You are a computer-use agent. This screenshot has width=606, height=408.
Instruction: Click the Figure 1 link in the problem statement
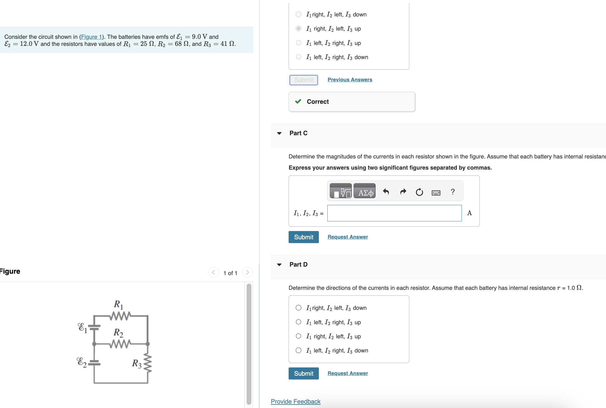[91, 37]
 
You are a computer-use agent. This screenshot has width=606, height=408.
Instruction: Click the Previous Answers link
[350, 80]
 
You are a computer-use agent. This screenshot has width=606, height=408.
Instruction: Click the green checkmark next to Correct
[298, 101]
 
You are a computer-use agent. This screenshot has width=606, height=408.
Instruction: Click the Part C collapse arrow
[279, 133]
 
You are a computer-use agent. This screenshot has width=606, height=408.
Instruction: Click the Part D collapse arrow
[279, 265]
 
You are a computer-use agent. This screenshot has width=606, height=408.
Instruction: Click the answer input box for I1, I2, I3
[394, 213]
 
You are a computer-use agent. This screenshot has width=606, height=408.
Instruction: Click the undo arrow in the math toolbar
[386, 192]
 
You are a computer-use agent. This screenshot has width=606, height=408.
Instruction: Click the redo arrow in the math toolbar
[403, 192]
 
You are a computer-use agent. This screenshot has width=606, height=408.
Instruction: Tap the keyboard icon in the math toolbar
[436, 193]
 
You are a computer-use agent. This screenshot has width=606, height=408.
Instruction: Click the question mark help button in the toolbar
[452, 192]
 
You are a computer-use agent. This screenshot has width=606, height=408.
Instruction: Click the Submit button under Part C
[303, 237]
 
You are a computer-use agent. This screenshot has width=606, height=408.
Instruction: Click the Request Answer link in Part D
[348, 373]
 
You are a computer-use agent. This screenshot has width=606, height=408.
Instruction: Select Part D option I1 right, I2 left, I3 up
[298, 336]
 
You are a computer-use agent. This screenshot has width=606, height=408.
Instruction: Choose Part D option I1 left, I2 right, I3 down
[298, 350]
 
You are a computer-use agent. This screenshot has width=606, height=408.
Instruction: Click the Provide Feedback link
[295, 402]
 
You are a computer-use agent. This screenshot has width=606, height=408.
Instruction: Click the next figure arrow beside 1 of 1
[248, 272]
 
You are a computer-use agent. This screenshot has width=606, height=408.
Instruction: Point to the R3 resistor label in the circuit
[137, 364]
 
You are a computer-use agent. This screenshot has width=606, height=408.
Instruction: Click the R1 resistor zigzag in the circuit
[120, 316]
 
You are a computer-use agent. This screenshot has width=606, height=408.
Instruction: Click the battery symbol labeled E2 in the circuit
[94, 362]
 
